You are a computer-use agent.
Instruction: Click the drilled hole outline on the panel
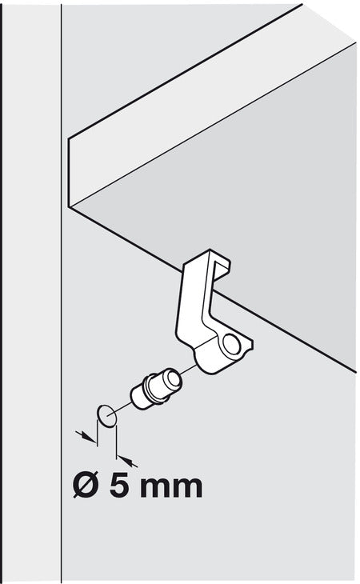[106, 415]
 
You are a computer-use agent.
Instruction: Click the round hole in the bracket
[232, 344]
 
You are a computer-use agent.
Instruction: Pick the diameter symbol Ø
[86, 486]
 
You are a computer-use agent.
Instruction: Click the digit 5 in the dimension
[119, 486]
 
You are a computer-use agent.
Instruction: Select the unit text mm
[172, 488]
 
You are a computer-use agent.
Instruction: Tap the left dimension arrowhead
[90, 438]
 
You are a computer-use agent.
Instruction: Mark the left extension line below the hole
[97, 433]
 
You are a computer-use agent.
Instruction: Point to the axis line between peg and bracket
[188, 370]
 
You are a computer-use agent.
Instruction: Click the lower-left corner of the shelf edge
[70, 206]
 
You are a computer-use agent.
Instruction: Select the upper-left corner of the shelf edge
[69, 140]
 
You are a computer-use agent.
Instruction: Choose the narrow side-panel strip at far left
[31, 292]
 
